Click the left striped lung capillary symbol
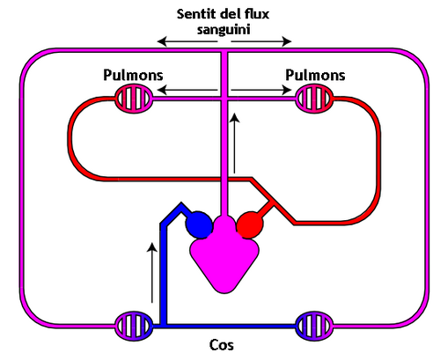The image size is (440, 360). coord(136,98)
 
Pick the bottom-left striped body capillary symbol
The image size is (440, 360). coord(134,325)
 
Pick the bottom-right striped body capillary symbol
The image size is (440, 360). coord(314,325)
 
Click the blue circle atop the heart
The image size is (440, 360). coord(200,225)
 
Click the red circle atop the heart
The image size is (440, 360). coord(250,225)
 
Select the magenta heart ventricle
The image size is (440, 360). coord(224,260)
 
